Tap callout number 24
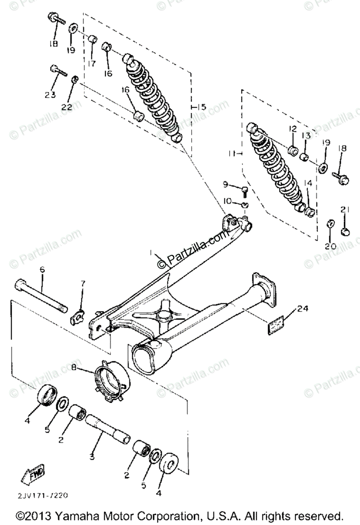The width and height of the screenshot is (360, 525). [x=303, y=309]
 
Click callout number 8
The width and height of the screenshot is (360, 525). [x=74, y=368]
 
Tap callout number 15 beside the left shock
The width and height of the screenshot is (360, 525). [x=201, y=107]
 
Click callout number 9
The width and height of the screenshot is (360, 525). [x=226, y=185]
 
